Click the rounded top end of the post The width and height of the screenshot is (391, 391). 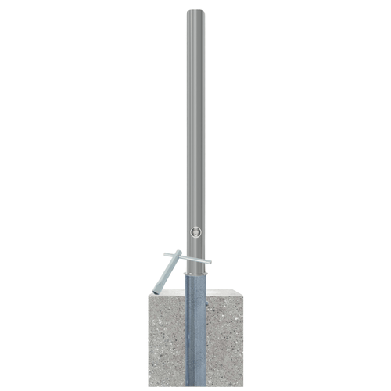[x=195, y=12]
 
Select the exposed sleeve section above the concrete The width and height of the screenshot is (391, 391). [x=195, y=283]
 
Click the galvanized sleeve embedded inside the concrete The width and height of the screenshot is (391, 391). [x=195, y=336]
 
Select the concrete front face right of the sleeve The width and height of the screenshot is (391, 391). [x=225, y=344]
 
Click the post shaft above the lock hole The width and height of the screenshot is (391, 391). [x=195, y=117]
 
